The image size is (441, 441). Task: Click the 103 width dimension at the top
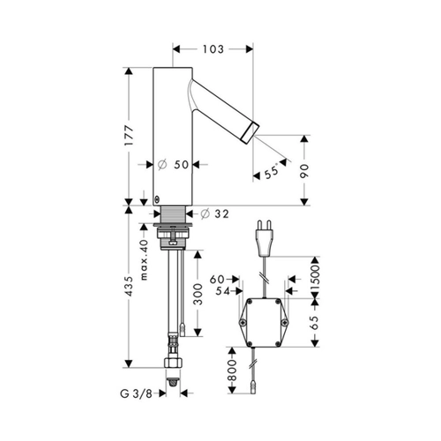[213, 49]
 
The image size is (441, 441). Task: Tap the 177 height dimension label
[129, 136]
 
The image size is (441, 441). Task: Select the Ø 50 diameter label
[173, 164]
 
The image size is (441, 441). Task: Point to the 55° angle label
[272, 171]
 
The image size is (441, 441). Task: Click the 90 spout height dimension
[304, 171]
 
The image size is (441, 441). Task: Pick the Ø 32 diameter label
[214, 214]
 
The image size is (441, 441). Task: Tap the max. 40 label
[144, 259]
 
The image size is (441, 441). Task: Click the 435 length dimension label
[129, 286]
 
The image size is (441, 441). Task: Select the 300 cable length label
[198, 294]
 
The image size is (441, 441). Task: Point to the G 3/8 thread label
[136, 393]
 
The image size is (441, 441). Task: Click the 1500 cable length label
[315, 278]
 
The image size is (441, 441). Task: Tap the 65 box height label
[315, 323]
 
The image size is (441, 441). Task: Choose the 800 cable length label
[232, 370]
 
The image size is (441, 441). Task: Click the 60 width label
[217, 280]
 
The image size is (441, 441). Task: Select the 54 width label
[223, 291]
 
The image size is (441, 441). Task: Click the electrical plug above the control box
[265, 238]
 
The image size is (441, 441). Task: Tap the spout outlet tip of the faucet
[250, 133]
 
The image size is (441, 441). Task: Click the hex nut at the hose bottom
[173, 363]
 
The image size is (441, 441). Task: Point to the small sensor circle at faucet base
[157, 199]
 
